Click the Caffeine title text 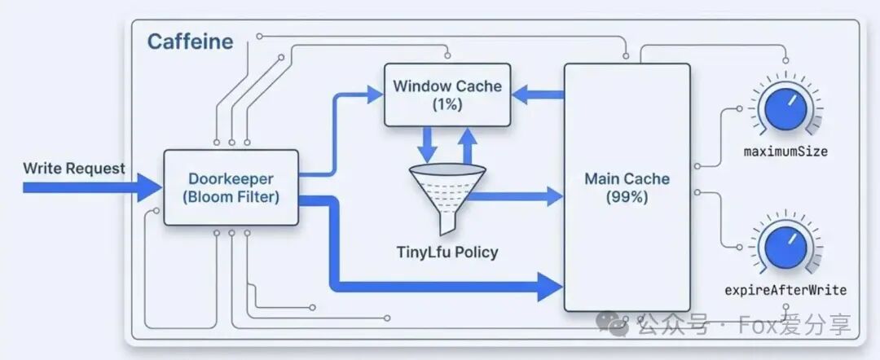[x=190, y=42]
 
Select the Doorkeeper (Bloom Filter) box [x=231, y=187]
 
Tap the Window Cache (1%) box [x=447, y=94]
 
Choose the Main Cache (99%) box [x=627, y=187]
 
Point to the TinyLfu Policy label [x=446, y=252]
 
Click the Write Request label [x=74, y=169]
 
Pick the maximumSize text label [x=785, y=151]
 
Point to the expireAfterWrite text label [x=785, y=290]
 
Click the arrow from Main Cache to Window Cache [x=538, y=95]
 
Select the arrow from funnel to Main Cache [x=521, y=195]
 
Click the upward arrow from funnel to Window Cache [x=467, y=143]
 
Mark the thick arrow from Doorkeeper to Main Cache [x=440, y=284]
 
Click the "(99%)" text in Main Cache [x=627, y=197]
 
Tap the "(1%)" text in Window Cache [x=447, y=104]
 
